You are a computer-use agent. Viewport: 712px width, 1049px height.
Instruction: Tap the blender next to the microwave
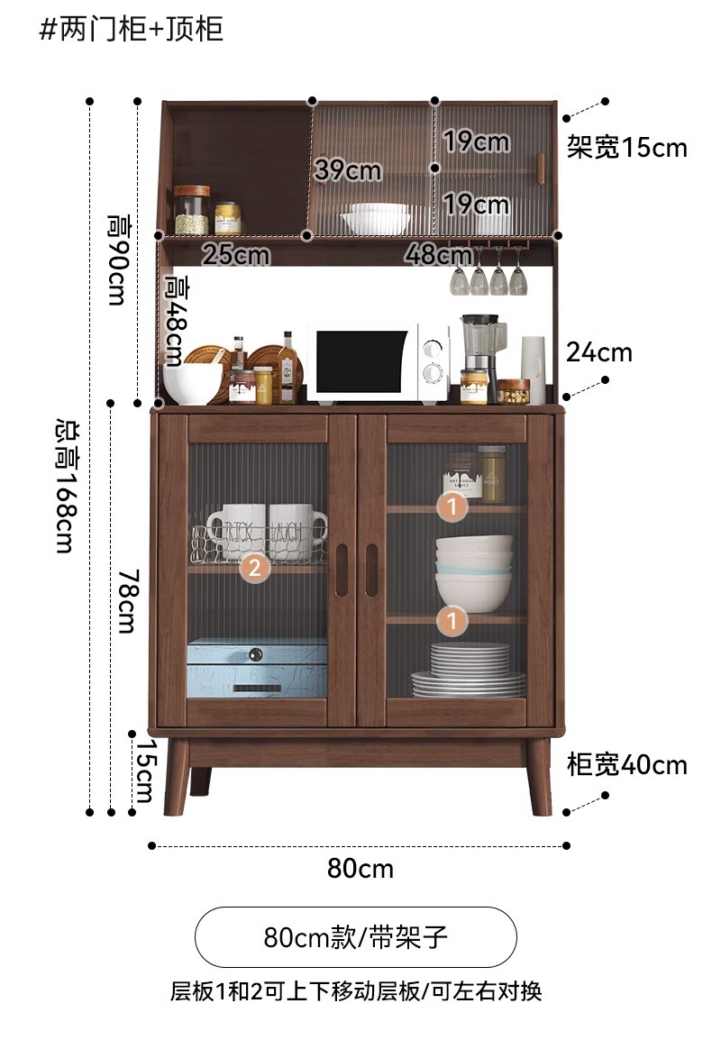coord(479,347)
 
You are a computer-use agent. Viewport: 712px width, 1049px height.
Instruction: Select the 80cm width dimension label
coord(360,869)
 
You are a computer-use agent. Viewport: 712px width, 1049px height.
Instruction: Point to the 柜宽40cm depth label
coord(626,765)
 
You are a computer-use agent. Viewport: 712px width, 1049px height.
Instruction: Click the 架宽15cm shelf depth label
coord(626,147)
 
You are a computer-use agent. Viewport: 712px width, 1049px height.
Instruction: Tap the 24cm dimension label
coord(598,352)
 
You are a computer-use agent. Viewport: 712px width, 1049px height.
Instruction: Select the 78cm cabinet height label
coord(126,599)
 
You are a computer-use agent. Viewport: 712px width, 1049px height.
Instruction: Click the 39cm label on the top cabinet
coord(347,169)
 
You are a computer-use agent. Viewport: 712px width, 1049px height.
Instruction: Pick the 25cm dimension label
coord(235,255)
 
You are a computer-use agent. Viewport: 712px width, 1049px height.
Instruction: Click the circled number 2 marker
coord(255,568)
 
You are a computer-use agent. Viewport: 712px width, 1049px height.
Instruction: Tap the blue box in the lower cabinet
coord(257,668)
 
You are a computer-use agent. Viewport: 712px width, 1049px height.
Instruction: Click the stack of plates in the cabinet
coord(469,671)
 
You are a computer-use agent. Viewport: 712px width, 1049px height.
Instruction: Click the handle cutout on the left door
coord(341,570)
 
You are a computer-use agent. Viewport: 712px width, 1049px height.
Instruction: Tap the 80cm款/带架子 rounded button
coord(356,937)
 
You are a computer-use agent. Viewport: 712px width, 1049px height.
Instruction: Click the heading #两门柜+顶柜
coord(132,30)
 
